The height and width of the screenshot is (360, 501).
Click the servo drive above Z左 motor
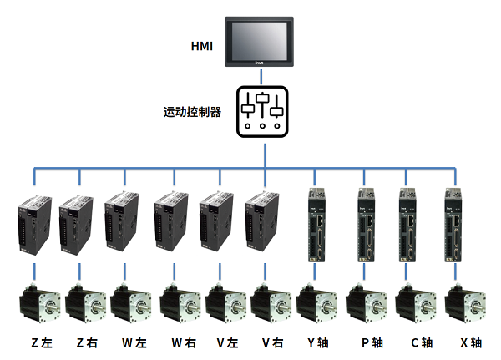click(33, 224)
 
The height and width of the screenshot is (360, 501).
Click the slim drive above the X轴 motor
click(456, 226)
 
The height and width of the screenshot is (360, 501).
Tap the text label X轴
click(469, 342)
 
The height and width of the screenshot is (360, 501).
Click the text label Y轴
click(319, 342)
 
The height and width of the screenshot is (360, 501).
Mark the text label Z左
click(43, 342)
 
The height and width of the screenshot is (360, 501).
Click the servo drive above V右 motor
click(261, 223)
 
